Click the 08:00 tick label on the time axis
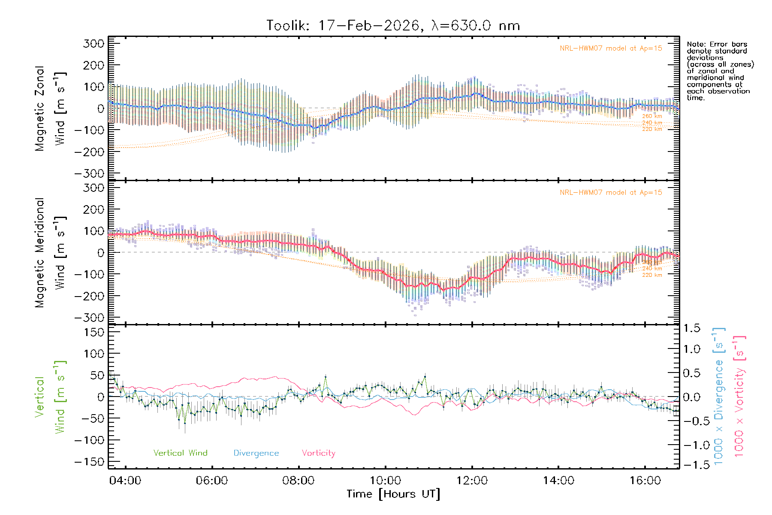[x=299, y=481]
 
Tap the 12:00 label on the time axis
[x=472, y=481]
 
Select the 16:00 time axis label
[x=645, y=481]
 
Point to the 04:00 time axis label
[x=125, y=481]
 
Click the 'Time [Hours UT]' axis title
[x=393, y=494]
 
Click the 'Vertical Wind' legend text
[x=180, y=453]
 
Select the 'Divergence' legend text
[x=256, y=453]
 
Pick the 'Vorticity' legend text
[x=318, y=453]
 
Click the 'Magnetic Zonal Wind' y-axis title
[x=51, y=108]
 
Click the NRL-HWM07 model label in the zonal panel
[x=611, y=48]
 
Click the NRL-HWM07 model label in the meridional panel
[x=611, y=193]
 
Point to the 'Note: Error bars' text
[x=717, y=45]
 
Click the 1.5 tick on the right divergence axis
[x=691, y=328]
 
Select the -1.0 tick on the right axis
[x=691, y=445]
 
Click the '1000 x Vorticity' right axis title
[x=740, y=396]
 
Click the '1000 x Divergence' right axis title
[x=719, y=396]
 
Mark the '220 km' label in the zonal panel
[x=652, y=129]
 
